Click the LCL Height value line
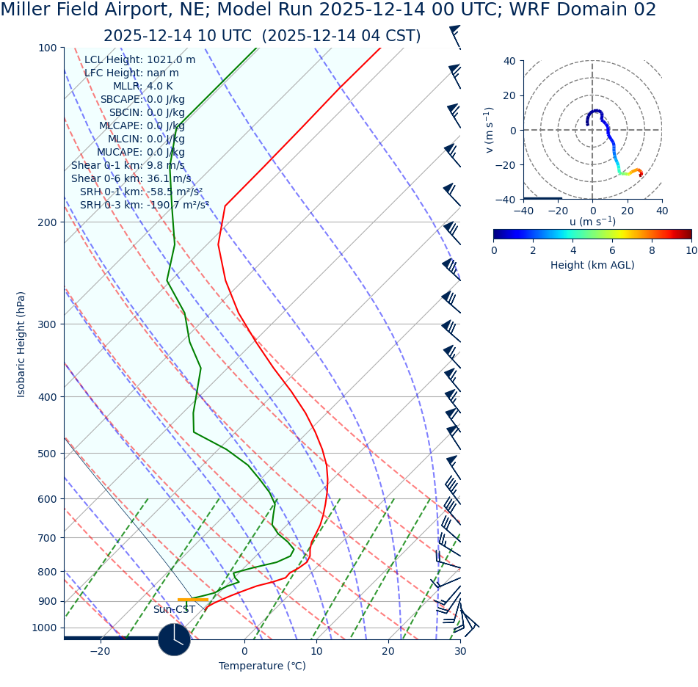coord(139,59)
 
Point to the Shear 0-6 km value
coord(131,178)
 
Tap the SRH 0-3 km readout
coord(144,205)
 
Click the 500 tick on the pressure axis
coord(47,454)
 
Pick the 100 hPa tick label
coord(47,48)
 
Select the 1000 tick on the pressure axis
coord(44,628)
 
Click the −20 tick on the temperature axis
coord(100,651)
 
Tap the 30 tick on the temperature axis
coord(460,651)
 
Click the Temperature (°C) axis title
coord(262,666)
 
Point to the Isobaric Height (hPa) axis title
coord(21,344)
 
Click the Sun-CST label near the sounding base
coord(174,609)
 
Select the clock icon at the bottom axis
coord(174,639)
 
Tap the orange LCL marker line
coord(192,600)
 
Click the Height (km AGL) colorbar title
coord(592,265)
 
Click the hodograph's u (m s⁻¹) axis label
coord(592,222)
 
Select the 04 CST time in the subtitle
coord(388,36)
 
